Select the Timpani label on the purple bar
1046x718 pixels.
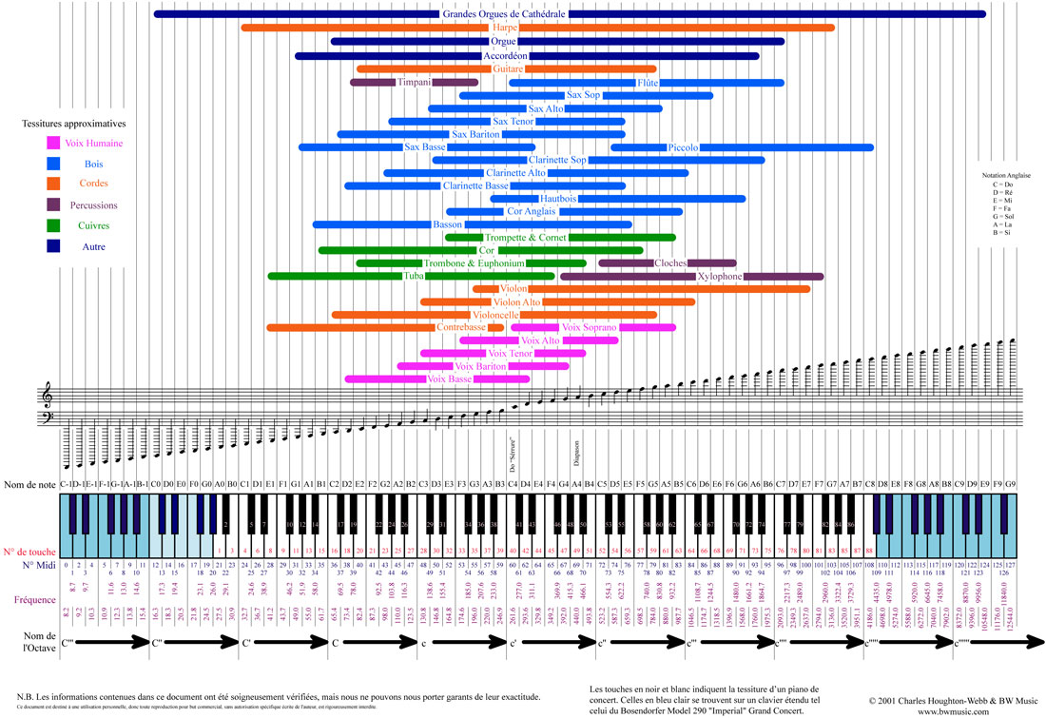coord(415,82)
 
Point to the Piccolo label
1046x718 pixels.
coord(683,147)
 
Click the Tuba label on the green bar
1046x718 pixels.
coord(414,276)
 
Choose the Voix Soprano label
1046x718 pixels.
coord(590,327)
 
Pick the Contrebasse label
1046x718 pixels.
coord(461,327)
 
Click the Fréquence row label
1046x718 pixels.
coord(38,599)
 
